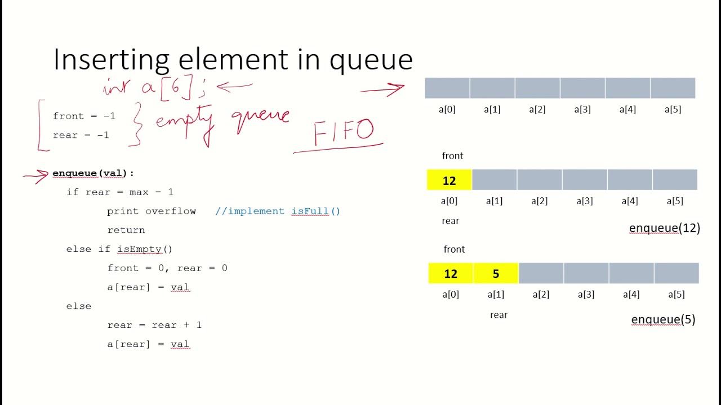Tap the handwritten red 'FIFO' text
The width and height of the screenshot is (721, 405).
343,132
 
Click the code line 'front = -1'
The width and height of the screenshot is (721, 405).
84,116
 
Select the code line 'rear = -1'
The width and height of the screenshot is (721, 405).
81,135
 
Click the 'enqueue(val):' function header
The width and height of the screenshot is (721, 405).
94,173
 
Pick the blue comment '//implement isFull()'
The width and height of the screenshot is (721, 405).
278,211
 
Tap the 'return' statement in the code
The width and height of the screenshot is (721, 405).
126,230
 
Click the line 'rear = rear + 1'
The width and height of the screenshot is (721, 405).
154,325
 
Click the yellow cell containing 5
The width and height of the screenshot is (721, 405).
496,274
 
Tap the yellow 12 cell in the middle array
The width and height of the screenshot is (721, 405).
449,181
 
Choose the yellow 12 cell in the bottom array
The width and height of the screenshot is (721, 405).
451,274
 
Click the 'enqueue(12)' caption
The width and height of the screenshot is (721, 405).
665,228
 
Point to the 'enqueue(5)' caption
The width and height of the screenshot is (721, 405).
663,319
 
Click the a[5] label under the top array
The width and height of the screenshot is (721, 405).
673,110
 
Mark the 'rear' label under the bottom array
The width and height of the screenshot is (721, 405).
499,315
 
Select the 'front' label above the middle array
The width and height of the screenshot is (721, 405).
453,156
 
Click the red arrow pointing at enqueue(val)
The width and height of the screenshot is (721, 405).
35,176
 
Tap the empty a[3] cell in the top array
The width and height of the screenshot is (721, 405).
582,88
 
